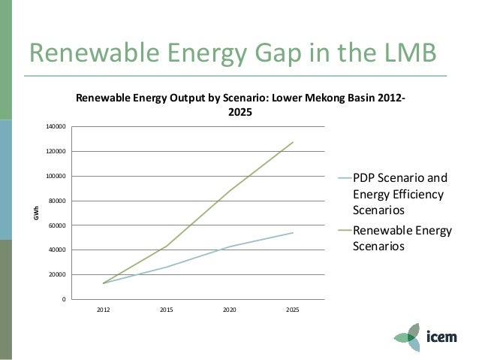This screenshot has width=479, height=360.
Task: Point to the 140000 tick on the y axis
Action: point(56,127)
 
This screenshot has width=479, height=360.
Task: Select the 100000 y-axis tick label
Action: point(56,177)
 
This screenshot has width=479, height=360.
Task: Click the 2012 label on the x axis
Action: point(103,308)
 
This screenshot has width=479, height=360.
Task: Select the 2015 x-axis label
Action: point(166,308)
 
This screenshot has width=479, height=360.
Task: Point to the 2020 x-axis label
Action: point(229,308)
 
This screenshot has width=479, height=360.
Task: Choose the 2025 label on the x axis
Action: point(292,308)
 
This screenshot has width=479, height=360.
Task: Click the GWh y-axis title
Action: point(35,213)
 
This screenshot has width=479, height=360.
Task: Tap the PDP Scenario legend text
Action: point(400,194)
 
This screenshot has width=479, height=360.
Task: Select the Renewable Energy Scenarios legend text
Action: point(402,238)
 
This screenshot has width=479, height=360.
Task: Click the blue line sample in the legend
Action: point(342,179)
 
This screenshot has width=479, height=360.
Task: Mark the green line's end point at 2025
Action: point(293,142)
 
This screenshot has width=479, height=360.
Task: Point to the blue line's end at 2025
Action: point(293,233)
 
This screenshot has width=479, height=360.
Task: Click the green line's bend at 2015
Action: point(166,247)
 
